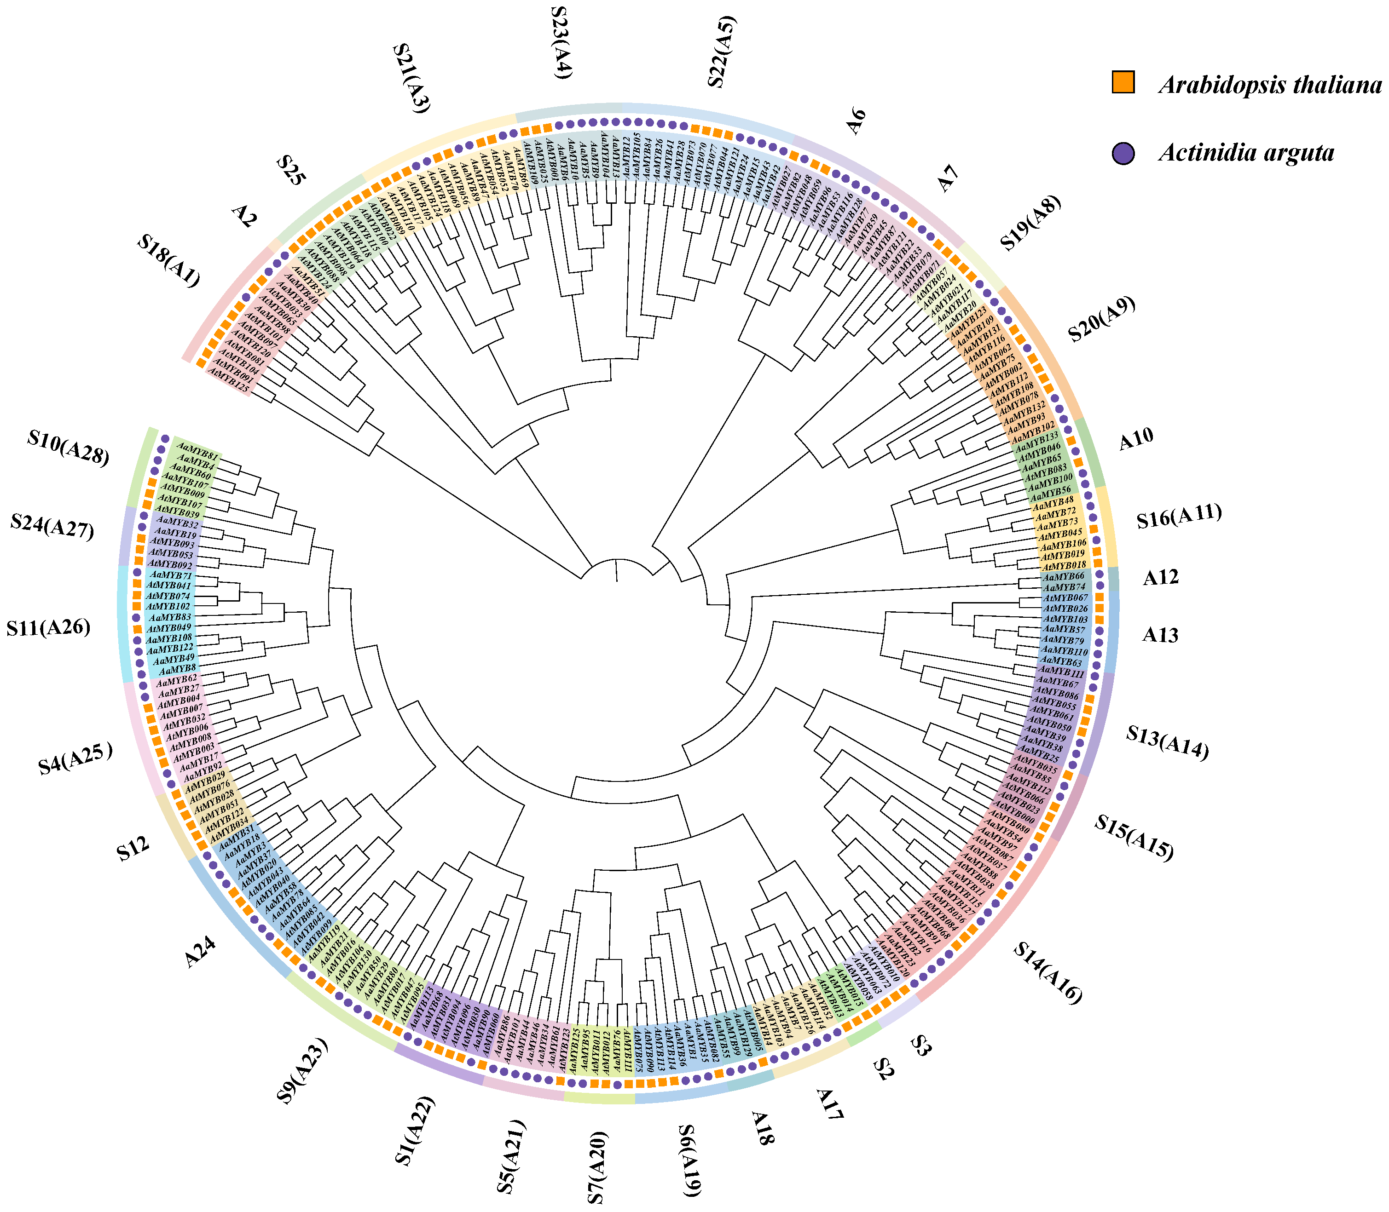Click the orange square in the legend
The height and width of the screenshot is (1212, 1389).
(1123, 82)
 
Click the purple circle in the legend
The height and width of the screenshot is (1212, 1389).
(1123, 152)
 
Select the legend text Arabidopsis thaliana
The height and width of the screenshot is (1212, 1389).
(1270, 85)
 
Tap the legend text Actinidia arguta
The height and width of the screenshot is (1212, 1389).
(1246, 153)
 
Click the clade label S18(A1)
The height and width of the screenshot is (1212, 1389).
(169, 260)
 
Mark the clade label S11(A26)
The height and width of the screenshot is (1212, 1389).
(49, 628)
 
